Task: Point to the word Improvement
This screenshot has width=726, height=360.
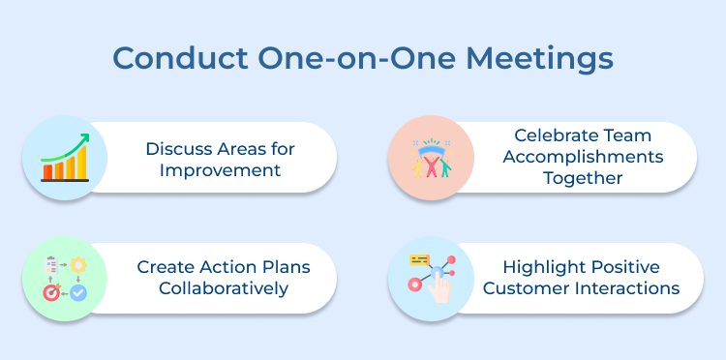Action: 221,170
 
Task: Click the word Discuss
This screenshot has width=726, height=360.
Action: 178,148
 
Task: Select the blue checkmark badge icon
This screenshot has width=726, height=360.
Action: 77,290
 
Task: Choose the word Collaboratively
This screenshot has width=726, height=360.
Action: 221,288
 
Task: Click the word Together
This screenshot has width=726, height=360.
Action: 581,178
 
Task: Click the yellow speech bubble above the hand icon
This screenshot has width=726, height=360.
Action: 420,260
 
